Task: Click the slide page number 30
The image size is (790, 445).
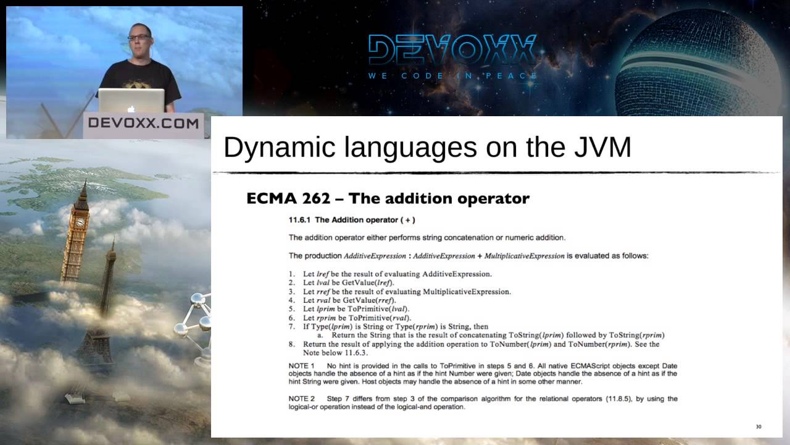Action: click(759, 426)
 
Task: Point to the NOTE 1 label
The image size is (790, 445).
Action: click(302, 366)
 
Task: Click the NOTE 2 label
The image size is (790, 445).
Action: click(302, 399)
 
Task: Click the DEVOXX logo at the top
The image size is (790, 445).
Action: click(452, 50)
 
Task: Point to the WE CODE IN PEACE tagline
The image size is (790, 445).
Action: click(453, 76)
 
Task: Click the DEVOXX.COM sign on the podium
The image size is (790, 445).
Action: click(143, 122)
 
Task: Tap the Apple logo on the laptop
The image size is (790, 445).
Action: click(131, 108)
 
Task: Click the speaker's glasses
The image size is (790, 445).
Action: click(138, 37)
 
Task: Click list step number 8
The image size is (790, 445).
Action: click(291, 344)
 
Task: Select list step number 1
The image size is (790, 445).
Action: click(291, 274)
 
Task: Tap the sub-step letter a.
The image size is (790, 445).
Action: click(320, 335)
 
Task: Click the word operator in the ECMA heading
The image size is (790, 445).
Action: click(493, 198)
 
